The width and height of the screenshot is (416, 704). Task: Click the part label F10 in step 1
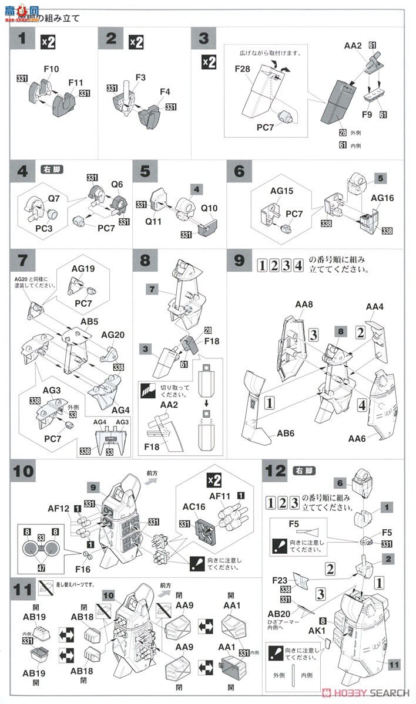[x=51, y=69]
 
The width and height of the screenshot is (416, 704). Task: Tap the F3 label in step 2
[x=141, y=77]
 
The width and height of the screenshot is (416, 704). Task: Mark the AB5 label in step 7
[x=88, y=321]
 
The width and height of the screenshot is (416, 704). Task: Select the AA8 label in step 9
[x=304, y=304]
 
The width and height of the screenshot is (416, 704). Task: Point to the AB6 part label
[x=286, y=434]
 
